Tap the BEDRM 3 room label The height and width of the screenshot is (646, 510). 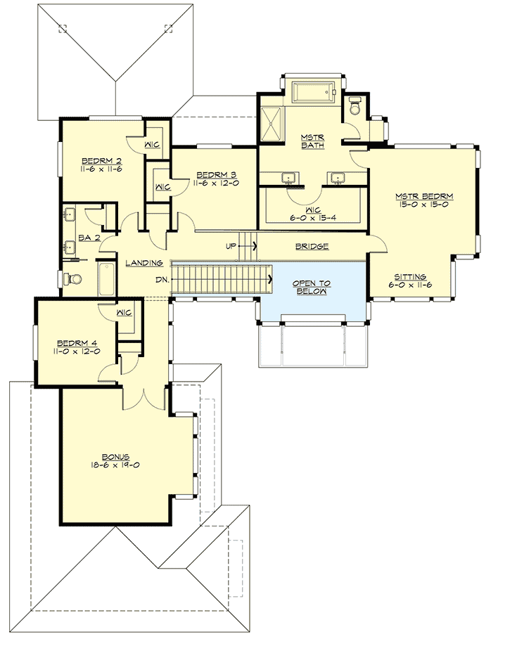[216, 174]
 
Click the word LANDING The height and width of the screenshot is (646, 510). [145, 263]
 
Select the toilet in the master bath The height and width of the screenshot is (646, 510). [355, 108]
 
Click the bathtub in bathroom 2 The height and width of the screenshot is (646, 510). [106, 278]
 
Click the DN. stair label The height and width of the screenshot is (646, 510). [162, 279]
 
